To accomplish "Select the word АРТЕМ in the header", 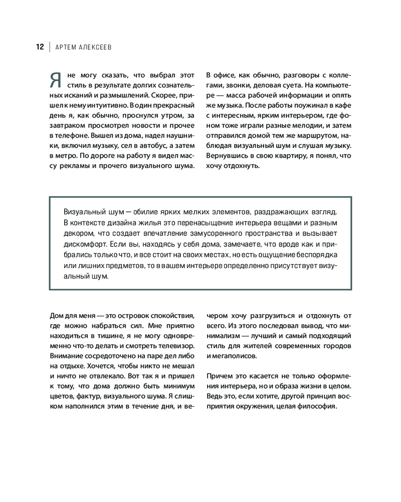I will [x=67, y=47].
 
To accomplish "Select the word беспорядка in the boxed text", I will [x=311, y=255].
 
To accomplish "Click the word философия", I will [x=317, y=406].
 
